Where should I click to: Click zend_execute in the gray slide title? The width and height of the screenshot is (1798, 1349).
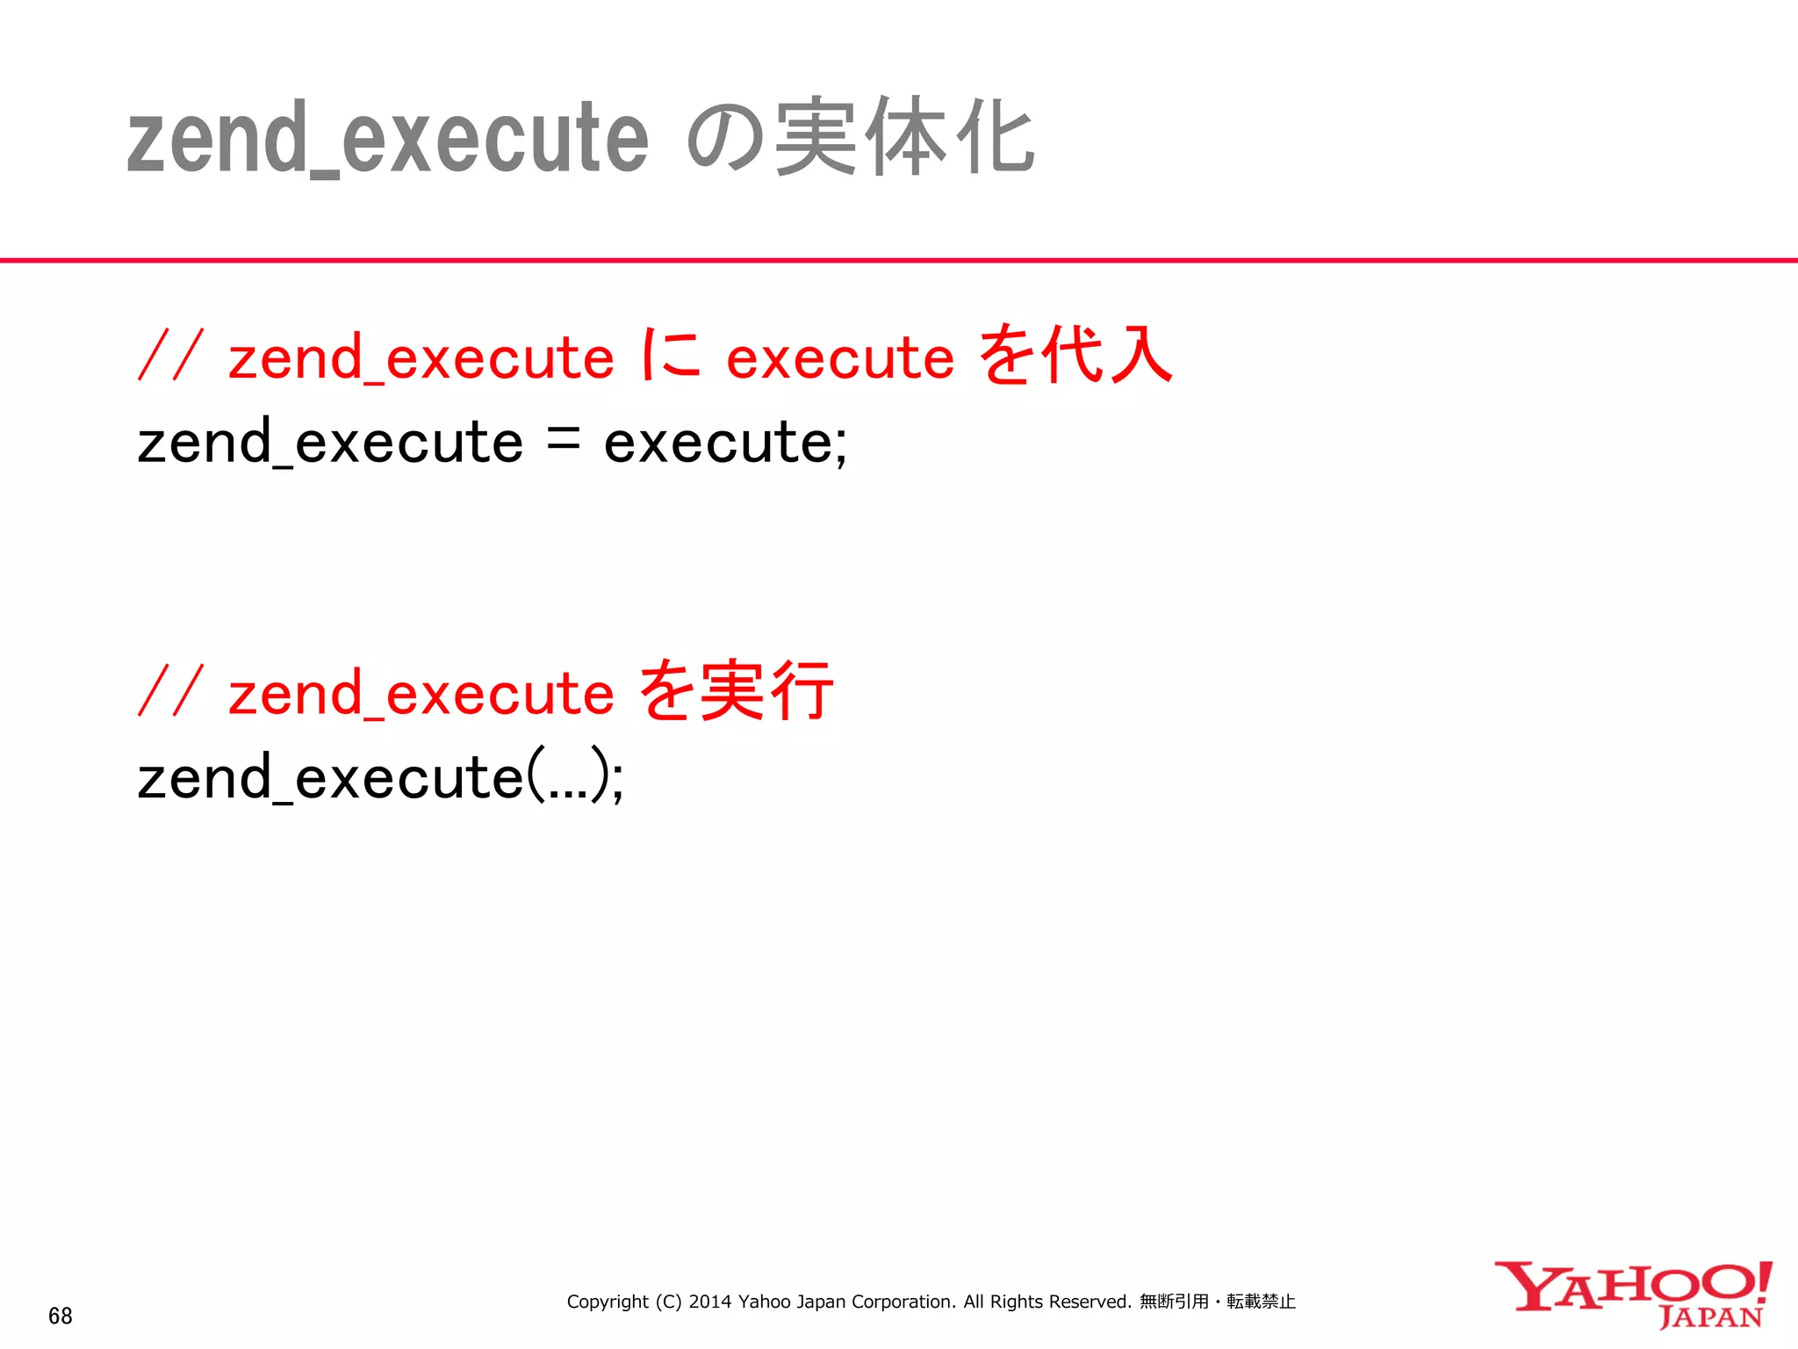tap(387, 139)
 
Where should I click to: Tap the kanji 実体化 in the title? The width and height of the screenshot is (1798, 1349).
tap(905, 137)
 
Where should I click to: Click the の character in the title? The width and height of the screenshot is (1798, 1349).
tap(725, 139)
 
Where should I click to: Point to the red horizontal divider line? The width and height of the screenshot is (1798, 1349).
tap(899, 260)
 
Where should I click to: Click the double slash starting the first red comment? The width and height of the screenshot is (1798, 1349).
tap(170, 356)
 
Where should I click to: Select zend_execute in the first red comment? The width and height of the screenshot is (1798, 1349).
tap(421, 358)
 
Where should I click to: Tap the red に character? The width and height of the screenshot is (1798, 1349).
tap(671, 356)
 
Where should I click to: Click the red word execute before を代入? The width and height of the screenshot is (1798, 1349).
tap(839, 358)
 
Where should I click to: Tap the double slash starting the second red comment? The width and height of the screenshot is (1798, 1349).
tap(170, 691)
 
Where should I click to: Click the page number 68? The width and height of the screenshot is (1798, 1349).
tap(60, 1316)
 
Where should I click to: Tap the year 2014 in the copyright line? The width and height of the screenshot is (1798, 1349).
tap(709, 1302)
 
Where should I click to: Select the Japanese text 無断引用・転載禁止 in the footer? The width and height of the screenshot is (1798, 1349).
tap(1217, 1302)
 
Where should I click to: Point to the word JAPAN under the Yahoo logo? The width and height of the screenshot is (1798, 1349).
tap(1710, 1317)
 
